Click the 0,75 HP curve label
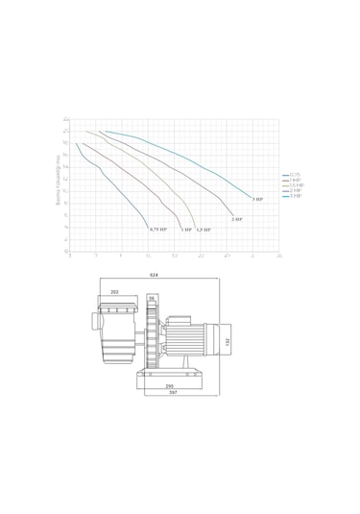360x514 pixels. click(x=157, y=230)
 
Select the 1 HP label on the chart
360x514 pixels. click(x=186, y=231)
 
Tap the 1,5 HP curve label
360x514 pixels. click(x=204, y=231)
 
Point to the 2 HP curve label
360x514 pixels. click(x=236, y=220)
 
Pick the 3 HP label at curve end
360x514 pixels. click(x=258, y=199)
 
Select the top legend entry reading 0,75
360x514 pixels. click(x=295, y=174)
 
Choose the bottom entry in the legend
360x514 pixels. click(x=295, y=195)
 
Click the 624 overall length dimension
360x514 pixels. click(x=154, y=276)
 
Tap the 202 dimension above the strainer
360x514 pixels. click(x=115, y=291)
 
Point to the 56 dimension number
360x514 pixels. click(x=152, y=299)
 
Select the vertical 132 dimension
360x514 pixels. click(x=228, y=341)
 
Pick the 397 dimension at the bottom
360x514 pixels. click(x=173, y=393)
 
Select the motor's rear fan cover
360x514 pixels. click(x=215, y=341)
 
